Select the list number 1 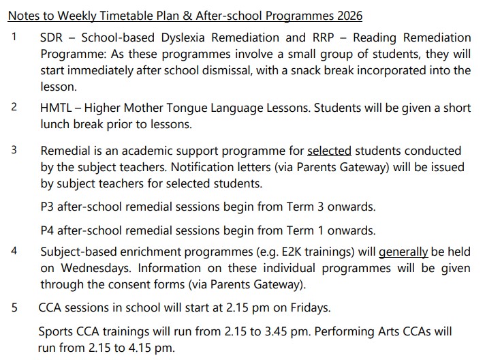(x=14, y=36)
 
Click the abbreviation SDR (x=52, y=37)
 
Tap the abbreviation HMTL (x=57, y=108)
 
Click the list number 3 (x=14, y=150)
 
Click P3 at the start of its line (x=48, y=207)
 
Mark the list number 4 (x=14, y=250)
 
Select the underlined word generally (x=403, y=251)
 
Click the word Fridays (x=307, y=307)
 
